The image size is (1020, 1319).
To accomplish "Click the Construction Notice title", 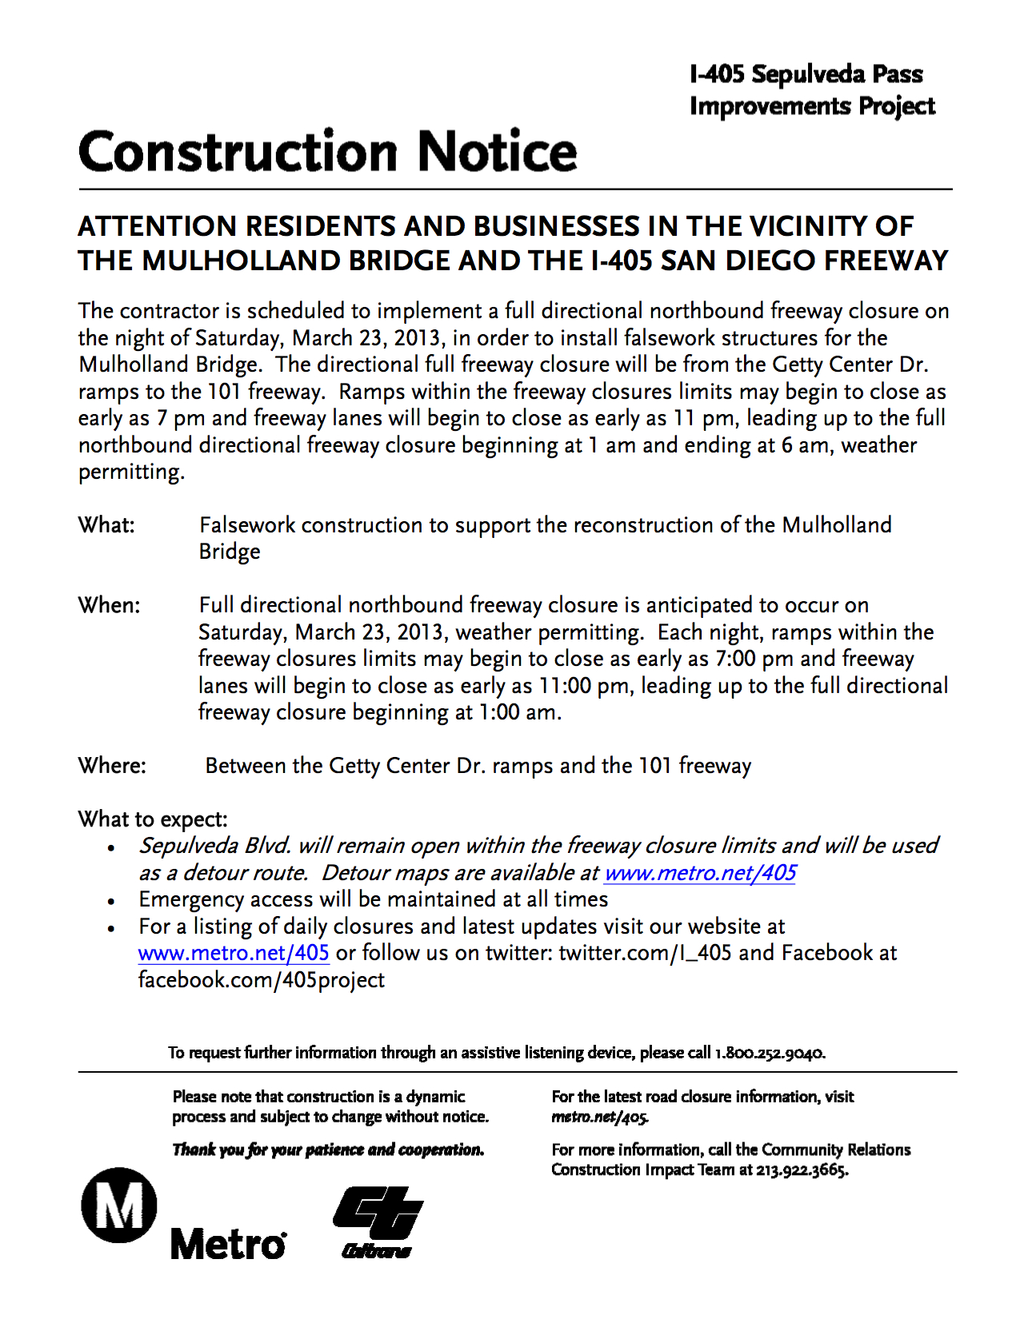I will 327,152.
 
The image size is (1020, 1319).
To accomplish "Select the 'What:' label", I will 106,525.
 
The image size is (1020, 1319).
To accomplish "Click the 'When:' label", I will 109,605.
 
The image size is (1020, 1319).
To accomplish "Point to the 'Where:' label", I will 112,766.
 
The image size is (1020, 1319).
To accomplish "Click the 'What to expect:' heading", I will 153,819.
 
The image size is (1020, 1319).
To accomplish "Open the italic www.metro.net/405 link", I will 700,873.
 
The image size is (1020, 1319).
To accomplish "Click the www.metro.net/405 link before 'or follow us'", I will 234,953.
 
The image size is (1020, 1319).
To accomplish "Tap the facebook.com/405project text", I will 262,980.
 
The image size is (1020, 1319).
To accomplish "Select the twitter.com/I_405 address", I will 645,953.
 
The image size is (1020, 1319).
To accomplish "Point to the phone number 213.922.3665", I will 802,1170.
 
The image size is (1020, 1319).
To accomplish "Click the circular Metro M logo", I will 119,1205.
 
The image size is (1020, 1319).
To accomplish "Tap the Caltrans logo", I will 378,1222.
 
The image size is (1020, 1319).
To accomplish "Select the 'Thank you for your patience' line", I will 328,1150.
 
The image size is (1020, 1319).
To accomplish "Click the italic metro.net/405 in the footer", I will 600,1117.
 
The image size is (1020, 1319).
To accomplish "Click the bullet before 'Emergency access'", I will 112,902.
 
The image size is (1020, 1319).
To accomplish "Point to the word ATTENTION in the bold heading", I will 158,226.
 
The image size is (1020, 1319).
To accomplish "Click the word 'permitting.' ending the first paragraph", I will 131,472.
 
